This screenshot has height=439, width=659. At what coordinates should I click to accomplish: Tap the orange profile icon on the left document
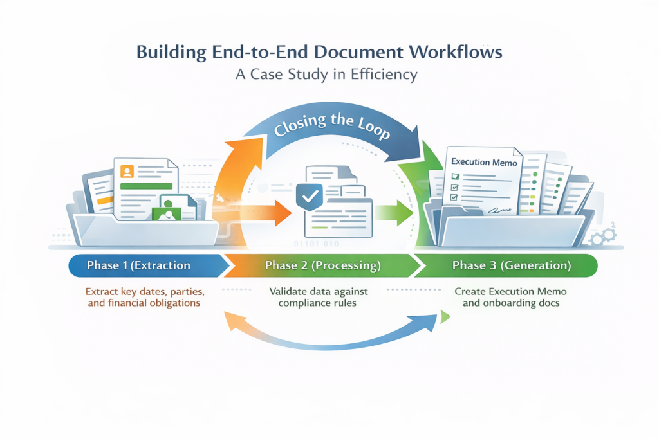127,172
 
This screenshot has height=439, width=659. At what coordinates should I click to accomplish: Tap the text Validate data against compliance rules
313,297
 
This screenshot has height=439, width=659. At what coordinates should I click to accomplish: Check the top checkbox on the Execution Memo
456,176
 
